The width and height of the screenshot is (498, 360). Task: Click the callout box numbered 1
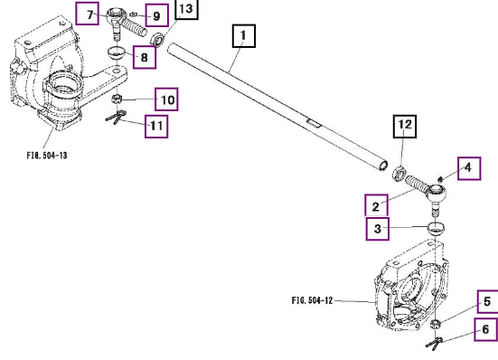(x=244, y=36)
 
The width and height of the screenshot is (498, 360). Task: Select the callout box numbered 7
(x=88, y=13)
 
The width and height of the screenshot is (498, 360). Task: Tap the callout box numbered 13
(x=187, y=9)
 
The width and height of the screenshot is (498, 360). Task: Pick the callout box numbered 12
(x=405, y=127)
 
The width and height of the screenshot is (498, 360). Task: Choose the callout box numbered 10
(x=166, y=99)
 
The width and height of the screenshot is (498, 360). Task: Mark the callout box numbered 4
(x=469, y=168)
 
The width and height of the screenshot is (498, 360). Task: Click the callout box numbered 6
(x=486, y=329)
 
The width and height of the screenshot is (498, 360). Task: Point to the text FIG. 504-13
(x=47, y=156)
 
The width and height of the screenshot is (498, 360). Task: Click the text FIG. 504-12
(x=312, y=300)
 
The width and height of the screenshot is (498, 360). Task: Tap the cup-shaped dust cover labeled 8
(x=116, y=52)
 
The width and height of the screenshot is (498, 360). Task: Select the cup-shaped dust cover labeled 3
(x=436, y=229)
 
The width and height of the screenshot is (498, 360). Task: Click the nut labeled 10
(x=117, y=99)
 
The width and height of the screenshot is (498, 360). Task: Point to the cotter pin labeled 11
(x=116, y=117)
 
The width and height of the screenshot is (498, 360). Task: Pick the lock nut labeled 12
(x=399, y=173)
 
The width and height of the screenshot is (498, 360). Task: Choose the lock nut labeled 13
(x=157, y=40)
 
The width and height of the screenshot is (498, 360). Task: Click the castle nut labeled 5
(x=436, y=324)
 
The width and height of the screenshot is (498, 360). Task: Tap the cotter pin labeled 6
(x=435, y=343)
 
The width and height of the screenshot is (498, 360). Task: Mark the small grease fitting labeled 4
(x=440, y=179)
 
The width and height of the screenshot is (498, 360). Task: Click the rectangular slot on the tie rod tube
(x=314, y=123)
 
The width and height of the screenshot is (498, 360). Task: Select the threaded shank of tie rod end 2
(x=418, y=184)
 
